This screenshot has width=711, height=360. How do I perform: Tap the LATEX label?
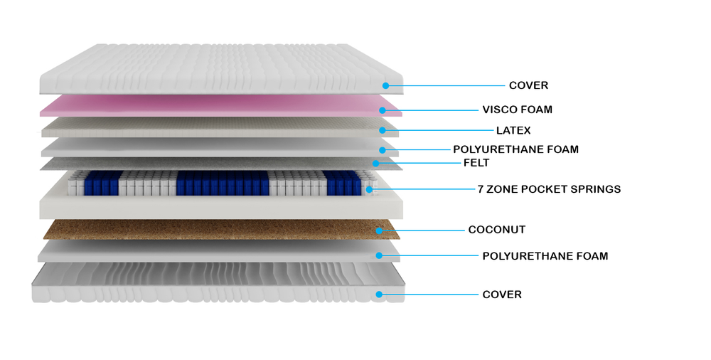(513, 130)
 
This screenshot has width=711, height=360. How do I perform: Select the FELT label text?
(476, 163)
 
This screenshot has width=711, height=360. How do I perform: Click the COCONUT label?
(496, 230)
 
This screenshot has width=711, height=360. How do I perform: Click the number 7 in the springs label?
(481, 189)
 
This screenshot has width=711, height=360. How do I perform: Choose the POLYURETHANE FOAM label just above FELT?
(515, 149)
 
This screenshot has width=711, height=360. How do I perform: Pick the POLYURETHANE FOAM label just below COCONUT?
(545, 255)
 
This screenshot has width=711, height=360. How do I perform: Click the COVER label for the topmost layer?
(528, 85)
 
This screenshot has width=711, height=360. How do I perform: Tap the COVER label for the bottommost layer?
(501, 295)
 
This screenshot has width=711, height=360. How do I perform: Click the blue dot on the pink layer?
(383, 110)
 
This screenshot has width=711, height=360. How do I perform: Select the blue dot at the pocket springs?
(369, 189)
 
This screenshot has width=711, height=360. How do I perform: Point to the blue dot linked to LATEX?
(383, 130)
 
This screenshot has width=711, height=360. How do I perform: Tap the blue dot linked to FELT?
(375, 164)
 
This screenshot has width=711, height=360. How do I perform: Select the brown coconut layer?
(213, 229)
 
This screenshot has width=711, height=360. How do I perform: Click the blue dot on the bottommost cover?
(380, 294)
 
